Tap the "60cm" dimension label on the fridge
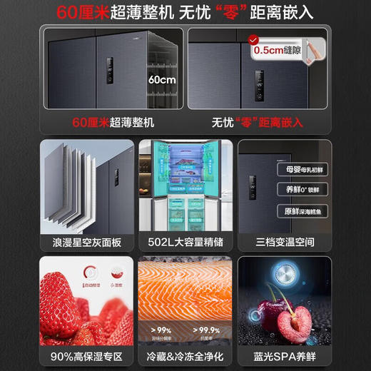(162, 80)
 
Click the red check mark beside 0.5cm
(250, 41)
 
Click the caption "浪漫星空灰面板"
(81, 242)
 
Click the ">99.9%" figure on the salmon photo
(207, 330)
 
